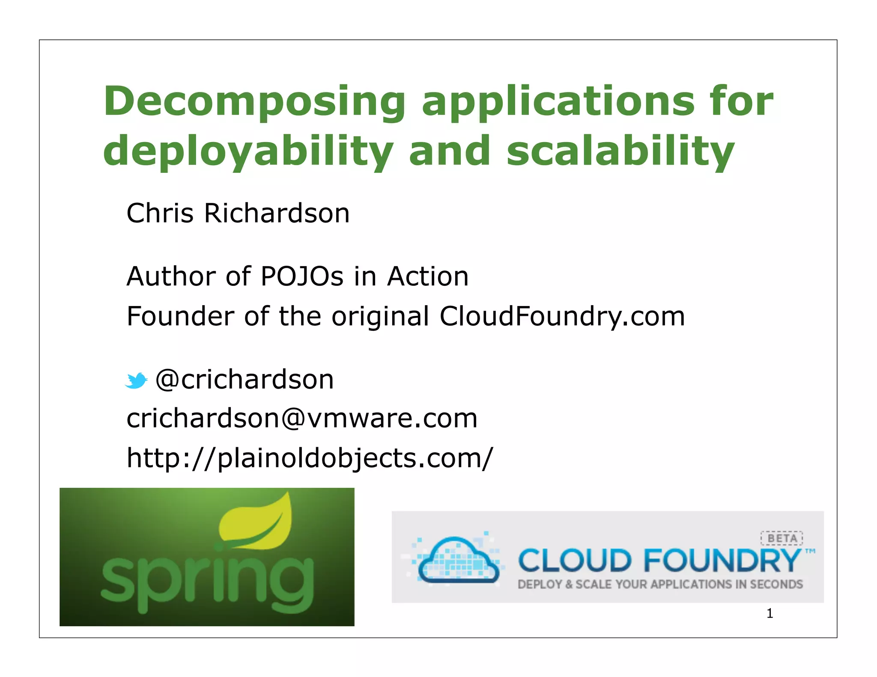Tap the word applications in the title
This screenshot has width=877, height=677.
point(558,102)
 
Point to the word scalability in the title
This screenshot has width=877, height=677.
point(620,151)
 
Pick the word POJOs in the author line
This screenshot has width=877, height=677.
point(302,276)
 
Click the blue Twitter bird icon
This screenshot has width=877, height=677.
point(136,380)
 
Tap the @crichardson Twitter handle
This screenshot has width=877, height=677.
point(244,379)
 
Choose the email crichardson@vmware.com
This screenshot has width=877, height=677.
point(302,418)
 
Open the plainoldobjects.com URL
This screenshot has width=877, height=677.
point(310,457)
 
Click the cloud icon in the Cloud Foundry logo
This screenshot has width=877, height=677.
point(457,561)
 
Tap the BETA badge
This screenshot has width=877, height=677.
point(782,538)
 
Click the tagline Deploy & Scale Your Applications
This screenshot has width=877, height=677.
point(660,585)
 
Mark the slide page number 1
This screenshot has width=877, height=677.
point(770,614)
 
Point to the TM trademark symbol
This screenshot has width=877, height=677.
point(810,551)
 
